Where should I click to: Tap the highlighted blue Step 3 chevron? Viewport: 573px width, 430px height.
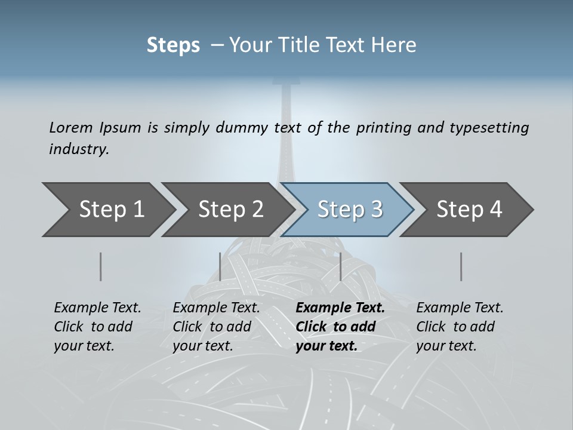point(350,210)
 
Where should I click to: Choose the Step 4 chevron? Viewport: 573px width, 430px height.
point(469,210)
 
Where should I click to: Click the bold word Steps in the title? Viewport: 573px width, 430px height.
point(173,45)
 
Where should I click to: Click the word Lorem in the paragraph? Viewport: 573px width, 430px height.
point(71,127)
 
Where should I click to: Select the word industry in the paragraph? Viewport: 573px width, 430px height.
point(78,149)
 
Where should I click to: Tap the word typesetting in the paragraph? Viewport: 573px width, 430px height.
point(489,128)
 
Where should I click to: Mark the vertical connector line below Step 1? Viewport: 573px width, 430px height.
point(100,266)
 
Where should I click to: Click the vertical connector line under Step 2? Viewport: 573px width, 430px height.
point(220,266)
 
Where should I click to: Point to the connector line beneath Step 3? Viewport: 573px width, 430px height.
point(340,266)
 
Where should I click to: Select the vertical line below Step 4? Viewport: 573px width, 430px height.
point(461,266)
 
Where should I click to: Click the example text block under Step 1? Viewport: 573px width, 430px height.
point(97,327)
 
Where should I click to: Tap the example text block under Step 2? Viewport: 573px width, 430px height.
point(216,327)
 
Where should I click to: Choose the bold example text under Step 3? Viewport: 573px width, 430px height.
point(340,327)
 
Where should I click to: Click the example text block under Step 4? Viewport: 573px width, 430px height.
point(460,327)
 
